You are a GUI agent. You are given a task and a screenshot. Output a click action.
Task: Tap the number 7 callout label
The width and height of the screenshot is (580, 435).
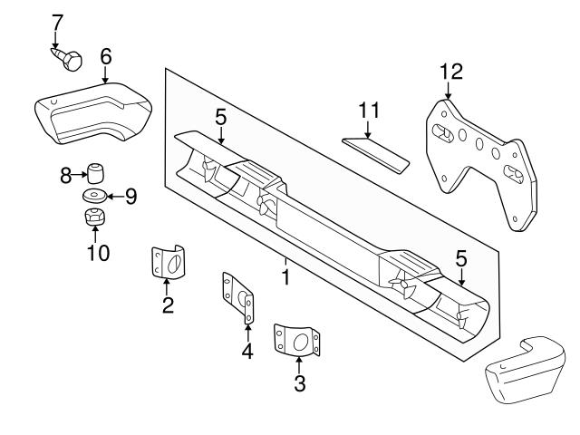coord(57,21)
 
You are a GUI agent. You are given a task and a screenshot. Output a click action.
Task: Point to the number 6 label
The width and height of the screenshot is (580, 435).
coord(105,56)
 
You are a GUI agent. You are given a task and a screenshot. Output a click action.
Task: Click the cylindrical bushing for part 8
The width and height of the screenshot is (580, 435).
coord(94,171)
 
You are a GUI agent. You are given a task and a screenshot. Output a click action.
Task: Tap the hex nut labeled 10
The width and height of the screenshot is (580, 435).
coord(94,217)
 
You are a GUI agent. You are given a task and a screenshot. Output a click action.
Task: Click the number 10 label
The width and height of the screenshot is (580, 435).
coord(97,252)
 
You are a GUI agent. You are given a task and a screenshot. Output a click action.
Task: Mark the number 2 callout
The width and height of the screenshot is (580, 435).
coord(168,305)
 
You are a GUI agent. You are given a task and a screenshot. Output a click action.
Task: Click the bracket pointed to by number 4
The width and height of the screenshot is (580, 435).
coord(238,296)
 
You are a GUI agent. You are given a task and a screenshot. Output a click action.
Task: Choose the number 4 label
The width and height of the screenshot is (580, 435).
coord(247,352)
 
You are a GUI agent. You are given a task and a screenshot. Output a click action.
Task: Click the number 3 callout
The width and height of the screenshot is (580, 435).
coord(299,383)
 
